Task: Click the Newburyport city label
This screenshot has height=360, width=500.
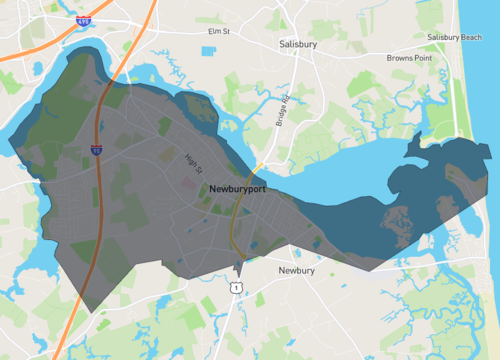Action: [x=238, y=188]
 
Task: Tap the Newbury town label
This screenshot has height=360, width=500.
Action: [x=297, y=270]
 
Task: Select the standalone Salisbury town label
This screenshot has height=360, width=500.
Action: [x=300, y=45]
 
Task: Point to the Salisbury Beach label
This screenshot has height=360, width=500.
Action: [x=454, y=37]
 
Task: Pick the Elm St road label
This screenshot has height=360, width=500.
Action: [x=218, y=32]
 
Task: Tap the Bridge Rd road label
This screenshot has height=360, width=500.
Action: [x=282, y=111]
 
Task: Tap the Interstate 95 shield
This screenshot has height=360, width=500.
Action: [x=96, y=150]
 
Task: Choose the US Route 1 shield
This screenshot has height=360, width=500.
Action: [x=236, y=288]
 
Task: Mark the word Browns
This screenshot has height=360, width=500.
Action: [x=400, y=58]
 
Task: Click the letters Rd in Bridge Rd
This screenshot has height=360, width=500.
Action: [x=284, y=100]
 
